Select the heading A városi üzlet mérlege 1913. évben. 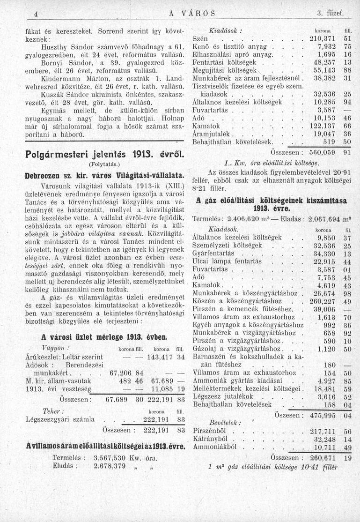(104, 337)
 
